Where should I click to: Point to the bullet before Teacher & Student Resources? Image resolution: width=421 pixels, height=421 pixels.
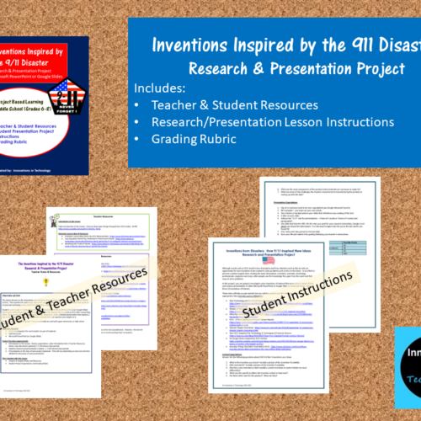coord(138,105)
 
